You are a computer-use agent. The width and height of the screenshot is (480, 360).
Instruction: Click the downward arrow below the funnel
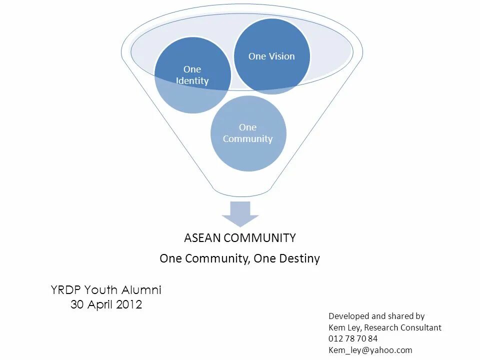click(240, 213)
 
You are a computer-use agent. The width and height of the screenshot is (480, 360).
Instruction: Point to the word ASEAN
click(202, 238)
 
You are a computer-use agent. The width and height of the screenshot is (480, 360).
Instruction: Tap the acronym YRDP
click(66, 290)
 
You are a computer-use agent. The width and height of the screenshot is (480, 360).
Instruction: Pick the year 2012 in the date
click(129, 304)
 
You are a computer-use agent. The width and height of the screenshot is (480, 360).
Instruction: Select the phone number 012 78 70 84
click(353, 339)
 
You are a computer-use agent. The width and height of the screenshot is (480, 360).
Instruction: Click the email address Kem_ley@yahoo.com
click(370, 350)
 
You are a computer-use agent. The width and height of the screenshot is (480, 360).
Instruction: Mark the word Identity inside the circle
click(192, 81)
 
